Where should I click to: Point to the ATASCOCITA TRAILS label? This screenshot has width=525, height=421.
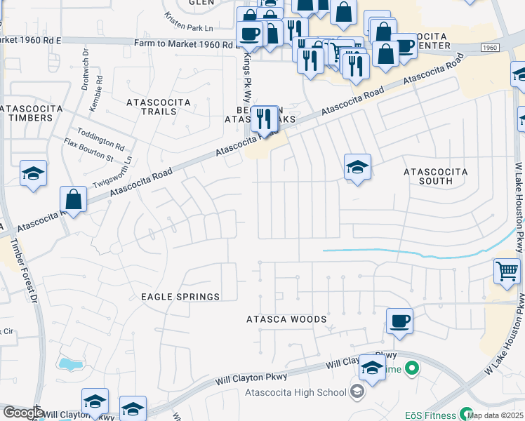pyautogui.click(x=158, y=107)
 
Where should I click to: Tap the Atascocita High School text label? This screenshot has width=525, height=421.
pyautogui.click(x=295, y=393)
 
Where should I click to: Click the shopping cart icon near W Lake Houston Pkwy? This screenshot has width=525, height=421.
pyautogui.click(x=507, y=270)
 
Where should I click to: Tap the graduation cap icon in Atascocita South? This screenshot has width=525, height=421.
pyautogui.click(x=357, y=167)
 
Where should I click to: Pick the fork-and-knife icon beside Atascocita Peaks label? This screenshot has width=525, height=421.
pyautogui.click(x=264, y=118)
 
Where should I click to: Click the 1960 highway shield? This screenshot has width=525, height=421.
pyautogui.click(x=491, y=46)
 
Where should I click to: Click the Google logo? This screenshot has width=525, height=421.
pyautogui.click(x=23, y=413)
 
